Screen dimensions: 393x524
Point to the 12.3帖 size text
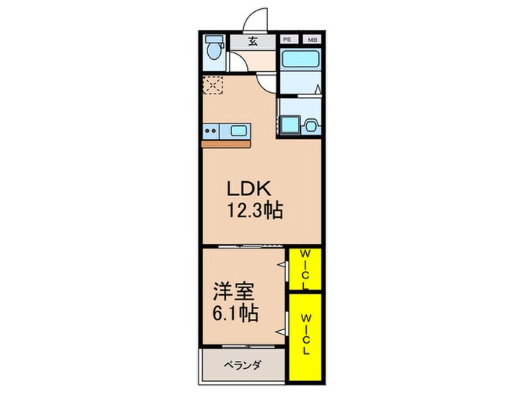point(255,211)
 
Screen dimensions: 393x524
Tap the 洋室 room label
point(233,288)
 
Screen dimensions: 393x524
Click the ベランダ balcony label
point(242,365)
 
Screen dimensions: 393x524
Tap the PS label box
point(287,40)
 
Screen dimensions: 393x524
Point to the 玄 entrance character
point(252,42)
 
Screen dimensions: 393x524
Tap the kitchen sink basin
point(239,131)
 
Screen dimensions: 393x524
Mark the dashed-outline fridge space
point(212,85)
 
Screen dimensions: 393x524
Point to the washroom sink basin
point(309,127)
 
